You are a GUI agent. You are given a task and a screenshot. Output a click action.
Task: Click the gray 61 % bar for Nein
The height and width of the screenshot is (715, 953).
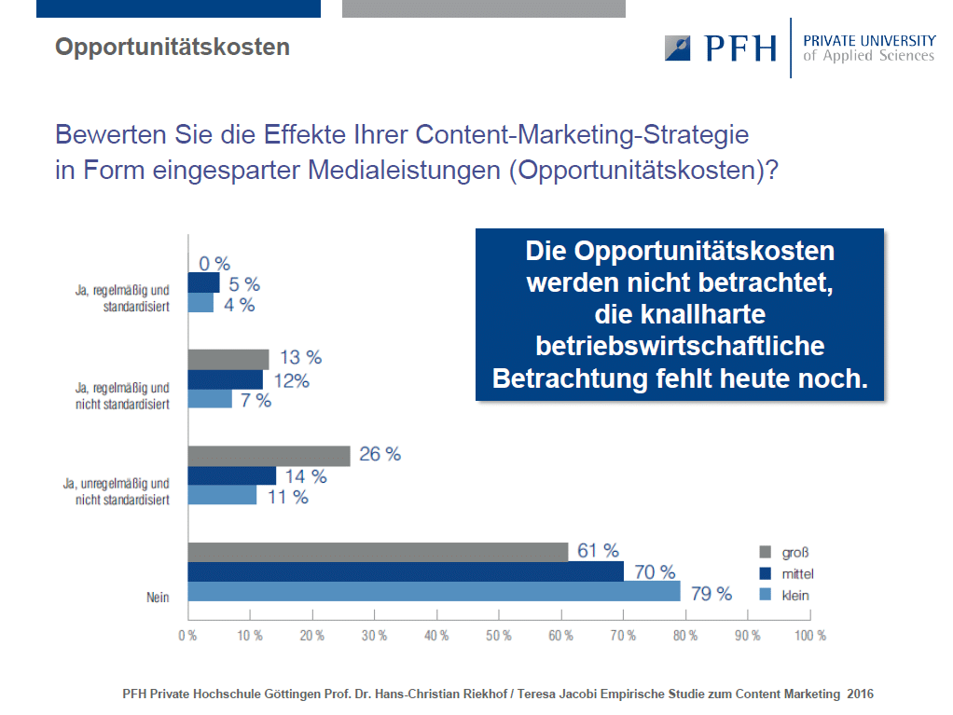[378, 552]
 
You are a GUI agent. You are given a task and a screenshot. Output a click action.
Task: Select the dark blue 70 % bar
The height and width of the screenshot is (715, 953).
[406, 571]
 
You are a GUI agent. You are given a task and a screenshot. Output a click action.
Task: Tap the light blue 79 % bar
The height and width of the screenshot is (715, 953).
[434, 591]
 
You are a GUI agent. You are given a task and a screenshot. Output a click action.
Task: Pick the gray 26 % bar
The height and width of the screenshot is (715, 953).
[269, 456]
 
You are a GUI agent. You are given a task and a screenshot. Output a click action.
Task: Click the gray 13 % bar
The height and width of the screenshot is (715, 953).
[228, 360]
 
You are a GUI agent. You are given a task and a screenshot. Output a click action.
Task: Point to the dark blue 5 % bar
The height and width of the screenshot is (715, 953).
[203, 282]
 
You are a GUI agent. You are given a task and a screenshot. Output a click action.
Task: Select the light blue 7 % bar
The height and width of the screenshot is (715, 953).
[211, 398]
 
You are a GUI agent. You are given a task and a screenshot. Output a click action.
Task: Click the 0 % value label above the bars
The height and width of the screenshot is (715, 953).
[214, 264]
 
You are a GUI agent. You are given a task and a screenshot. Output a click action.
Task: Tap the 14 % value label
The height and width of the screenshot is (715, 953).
[306, 476]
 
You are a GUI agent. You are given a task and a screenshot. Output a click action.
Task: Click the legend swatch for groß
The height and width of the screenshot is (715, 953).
[766, 552]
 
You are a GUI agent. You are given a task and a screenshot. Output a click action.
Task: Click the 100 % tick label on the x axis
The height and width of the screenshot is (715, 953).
[810, 636]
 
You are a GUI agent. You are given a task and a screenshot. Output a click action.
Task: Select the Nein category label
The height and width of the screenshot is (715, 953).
[158, 598]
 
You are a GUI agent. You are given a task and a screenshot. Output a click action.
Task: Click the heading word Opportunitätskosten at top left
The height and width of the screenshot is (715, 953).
[173, 47]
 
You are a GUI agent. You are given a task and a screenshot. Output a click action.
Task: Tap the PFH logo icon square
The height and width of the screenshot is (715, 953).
[677, 48]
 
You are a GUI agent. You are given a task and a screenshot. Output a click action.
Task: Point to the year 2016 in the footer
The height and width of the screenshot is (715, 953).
[861, 694]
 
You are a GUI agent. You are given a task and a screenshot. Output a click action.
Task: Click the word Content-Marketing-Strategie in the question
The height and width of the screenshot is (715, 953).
[582, 134]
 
